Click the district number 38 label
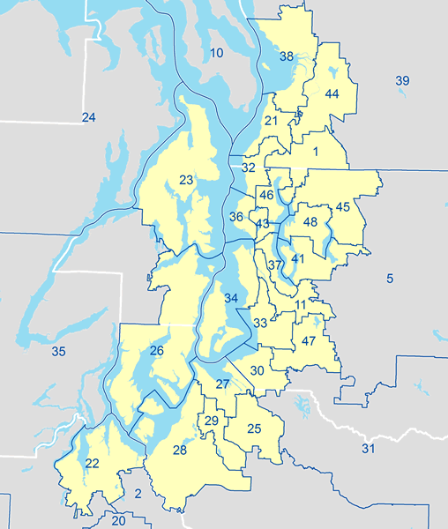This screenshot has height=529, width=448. pyautogui.click(x=287, y=56)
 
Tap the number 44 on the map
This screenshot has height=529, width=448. pyautogui.click(x=332, y=93)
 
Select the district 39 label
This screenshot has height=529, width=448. pyautogui.click(x=402, y=81)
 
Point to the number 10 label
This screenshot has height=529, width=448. pyautogui.click(x=216, y=55)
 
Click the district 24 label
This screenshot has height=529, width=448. pyautogui.click(x=88, y=117)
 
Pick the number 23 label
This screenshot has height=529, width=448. pyautogui.click(x=186, y=181)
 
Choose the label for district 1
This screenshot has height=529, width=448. pyautogui.click(x=315, y=152)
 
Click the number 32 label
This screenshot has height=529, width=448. pyautogui.click(x=249, y=168)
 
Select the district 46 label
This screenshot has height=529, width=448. pyautogui.click(x=266, y=194)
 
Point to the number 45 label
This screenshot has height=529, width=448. pyautogui.click(x=343, y=207)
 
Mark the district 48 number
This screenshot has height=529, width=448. pyautogui.click(x=310, y=221)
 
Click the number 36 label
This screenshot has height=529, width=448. pyautogui.click(x=236, y=217)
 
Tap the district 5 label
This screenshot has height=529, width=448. pyautogui.click(x=389, y=279)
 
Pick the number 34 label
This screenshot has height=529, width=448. pyautogui.click(x=231, y=299)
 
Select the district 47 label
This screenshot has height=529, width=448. pyautogui.click(x=309, y=341)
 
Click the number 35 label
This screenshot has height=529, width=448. pyautogui.click(x=58, y=352)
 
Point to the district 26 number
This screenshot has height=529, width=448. pyautogui.click(x=157, y=352)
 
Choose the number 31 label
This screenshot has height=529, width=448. pyautogui.click(x=369, y=450)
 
